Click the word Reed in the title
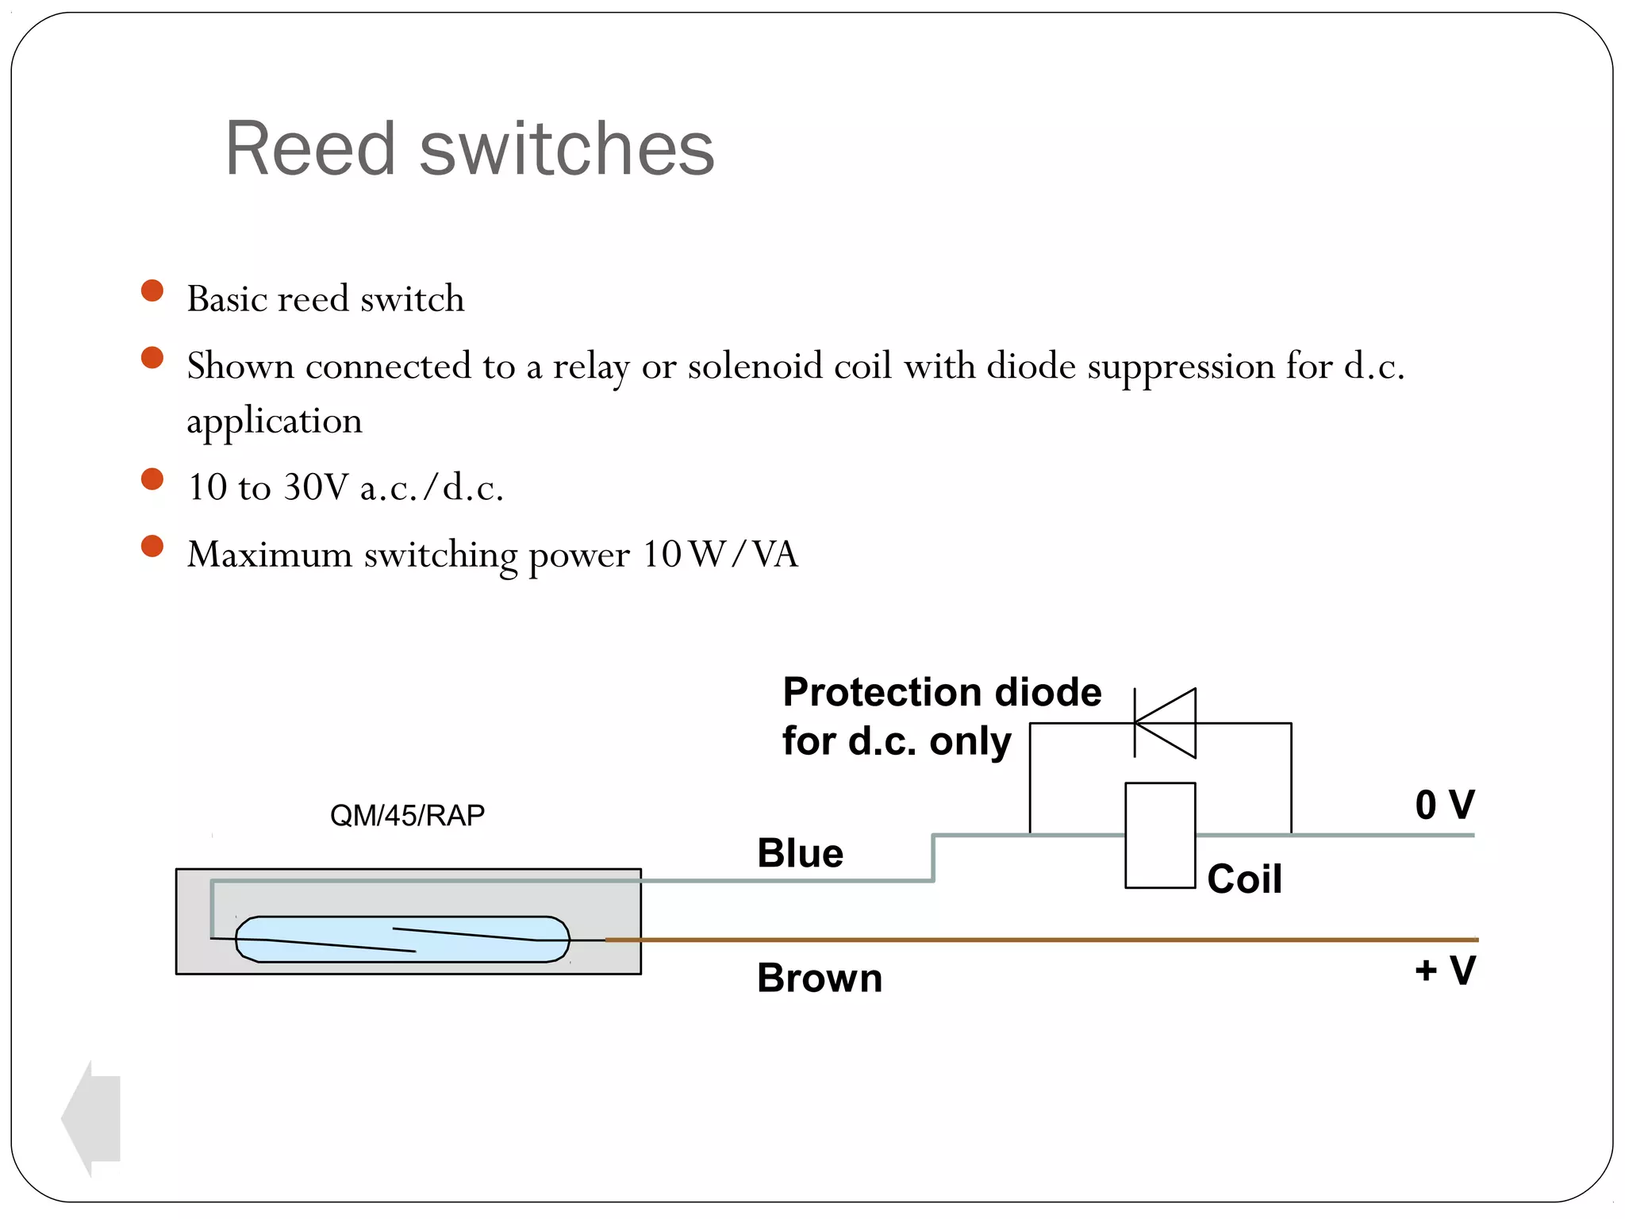click(x=310, y=148)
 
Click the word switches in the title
click(x=567, y=148)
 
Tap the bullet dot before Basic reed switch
click(x=152, y=290)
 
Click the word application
click(x=274, y=421)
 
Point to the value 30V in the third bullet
click(x=316, y=487)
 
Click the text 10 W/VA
click(x=720, y=554)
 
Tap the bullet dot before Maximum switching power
click(x=152, y=546)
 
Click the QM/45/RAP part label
click(x=407, y=815)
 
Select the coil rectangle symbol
click(x=1160, y=836)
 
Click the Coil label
click(x=1244, y=879)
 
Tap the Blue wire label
click(x=800, y=854)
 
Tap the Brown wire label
click(x=820, y=978)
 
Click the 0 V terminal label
click(x=1445, y=806)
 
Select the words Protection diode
click(x=942, y=692)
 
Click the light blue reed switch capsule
click(x=403, y=940)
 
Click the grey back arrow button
click(x=91, y=1118)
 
